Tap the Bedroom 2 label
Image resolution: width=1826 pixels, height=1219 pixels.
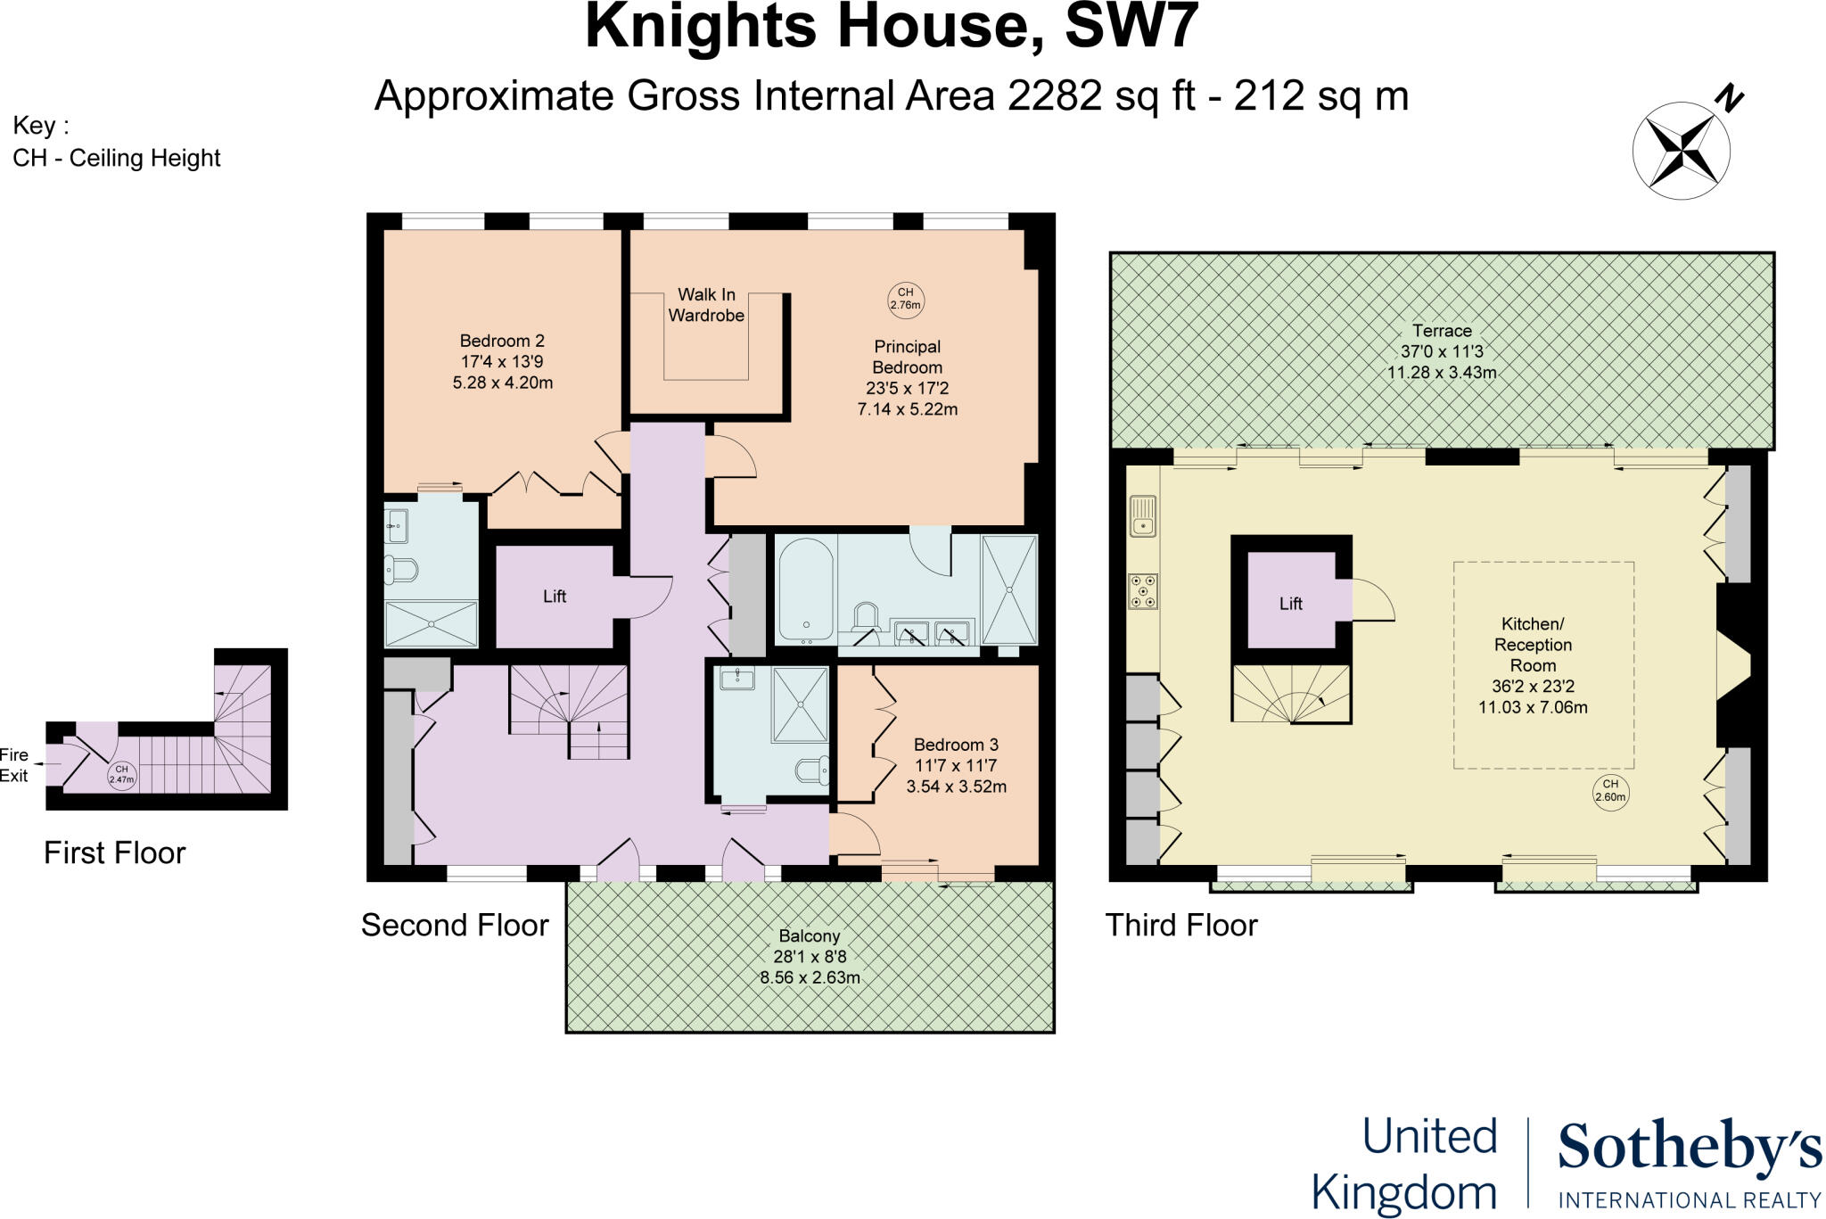502,341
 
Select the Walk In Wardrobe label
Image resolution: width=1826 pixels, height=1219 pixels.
706,305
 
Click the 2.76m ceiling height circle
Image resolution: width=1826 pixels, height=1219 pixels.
905,299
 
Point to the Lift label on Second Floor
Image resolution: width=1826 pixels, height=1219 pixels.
555,597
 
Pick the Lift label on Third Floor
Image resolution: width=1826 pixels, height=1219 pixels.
1291,604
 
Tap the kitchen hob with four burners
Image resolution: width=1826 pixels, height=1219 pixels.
1143,591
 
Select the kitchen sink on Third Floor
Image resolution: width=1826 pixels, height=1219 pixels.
1142,516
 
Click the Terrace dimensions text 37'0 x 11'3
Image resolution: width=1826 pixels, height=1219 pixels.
1442,351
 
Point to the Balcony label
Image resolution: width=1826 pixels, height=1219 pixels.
810,936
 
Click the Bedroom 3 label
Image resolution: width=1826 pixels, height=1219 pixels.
956,745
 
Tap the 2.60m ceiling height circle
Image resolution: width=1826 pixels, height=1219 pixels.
1610,791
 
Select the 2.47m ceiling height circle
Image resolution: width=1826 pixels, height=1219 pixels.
121,774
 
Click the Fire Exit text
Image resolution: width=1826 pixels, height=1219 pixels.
14,765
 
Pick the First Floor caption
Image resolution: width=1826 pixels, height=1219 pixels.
114,853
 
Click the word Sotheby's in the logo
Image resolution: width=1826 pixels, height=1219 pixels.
1690,1149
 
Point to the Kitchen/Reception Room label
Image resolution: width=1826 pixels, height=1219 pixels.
1533,645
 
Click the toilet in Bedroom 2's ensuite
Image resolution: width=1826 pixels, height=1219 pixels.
402,569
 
